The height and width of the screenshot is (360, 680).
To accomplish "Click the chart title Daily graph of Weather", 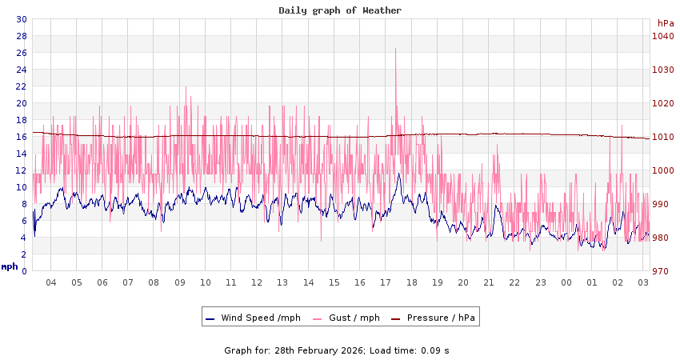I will coord(340,10).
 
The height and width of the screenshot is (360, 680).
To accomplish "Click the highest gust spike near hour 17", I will coord(395,50).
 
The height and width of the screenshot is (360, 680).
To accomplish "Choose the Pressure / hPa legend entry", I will coord(441,318).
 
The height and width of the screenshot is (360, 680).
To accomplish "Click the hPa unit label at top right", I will coord(666,23).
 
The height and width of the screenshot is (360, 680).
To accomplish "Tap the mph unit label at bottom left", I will coord(10,266).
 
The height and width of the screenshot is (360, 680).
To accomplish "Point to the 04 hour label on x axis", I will coord(51,282).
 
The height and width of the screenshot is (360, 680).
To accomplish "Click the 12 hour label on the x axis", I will coord(257,282).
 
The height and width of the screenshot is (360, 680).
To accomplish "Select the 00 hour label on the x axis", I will coord(566,282).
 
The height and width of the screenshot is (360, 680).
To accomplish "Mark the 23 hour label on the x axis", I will coord(541,282).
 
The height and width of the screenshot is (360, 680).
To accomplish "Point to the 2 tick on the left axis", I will coord(23,254).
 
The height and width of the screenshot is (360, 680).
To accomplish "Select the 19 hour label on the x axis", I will coord(438,282).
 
